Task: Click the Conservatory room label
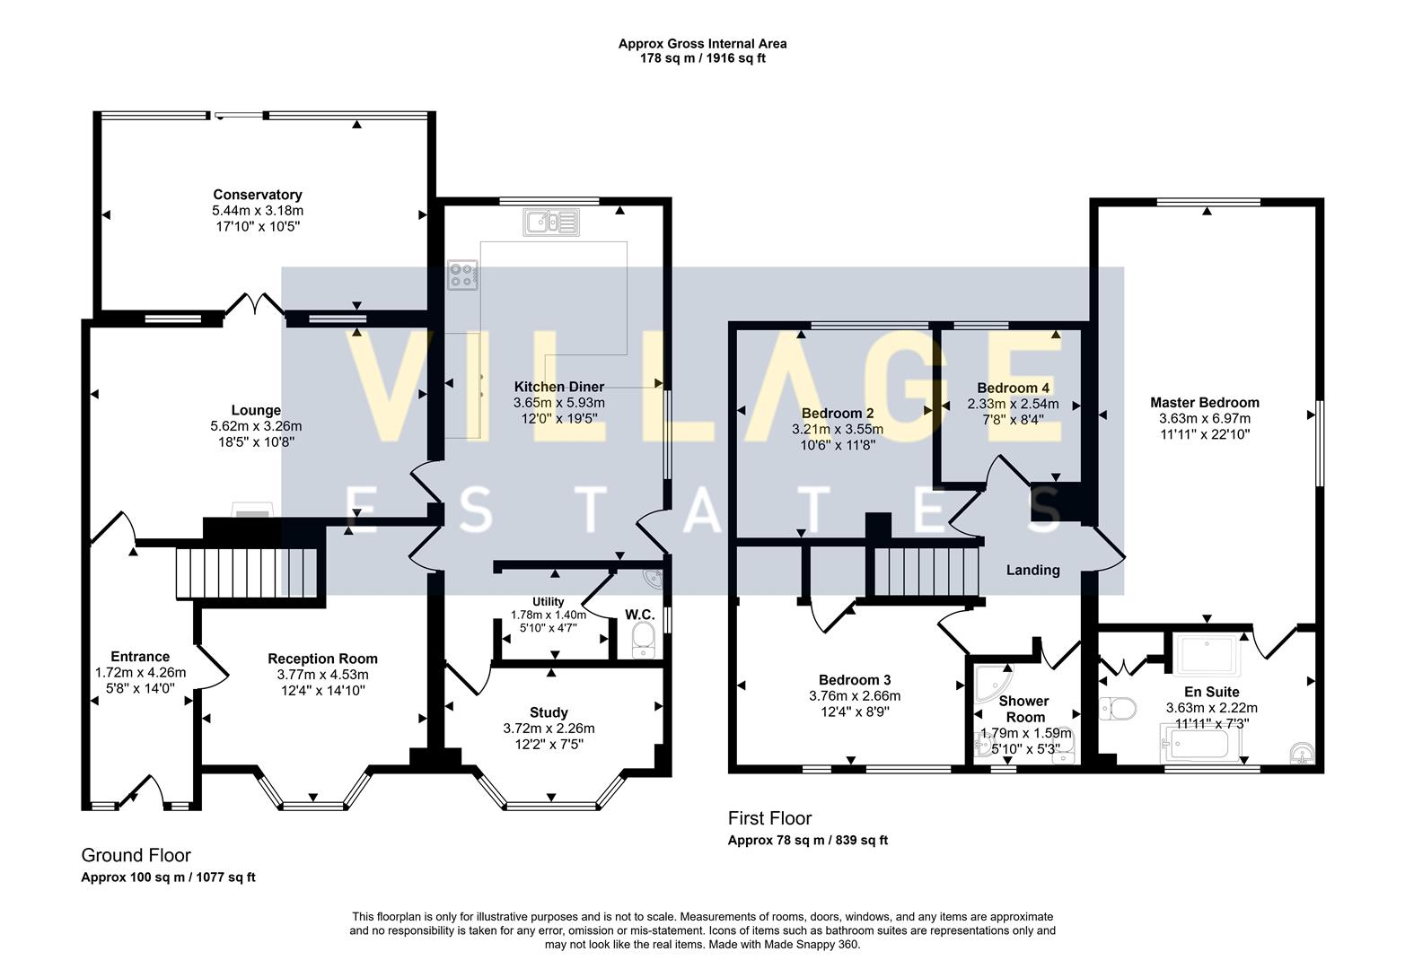click(257, 195)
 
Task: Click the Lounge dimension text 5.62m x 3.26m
click(256, 426)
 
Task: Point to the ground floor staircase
click(247, 572)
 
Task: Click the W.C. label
click(639, 615)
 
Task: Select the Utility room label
click(548, 601)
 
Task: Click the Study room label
click(549, 712)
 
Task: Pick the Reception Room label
click(322, 659)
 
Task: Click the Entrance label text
click(140, 657)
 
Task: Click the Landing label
click(1032, 570)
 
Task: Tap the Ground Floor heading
click(136, 855)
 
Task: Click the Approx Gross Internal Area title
click(702, 43)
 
